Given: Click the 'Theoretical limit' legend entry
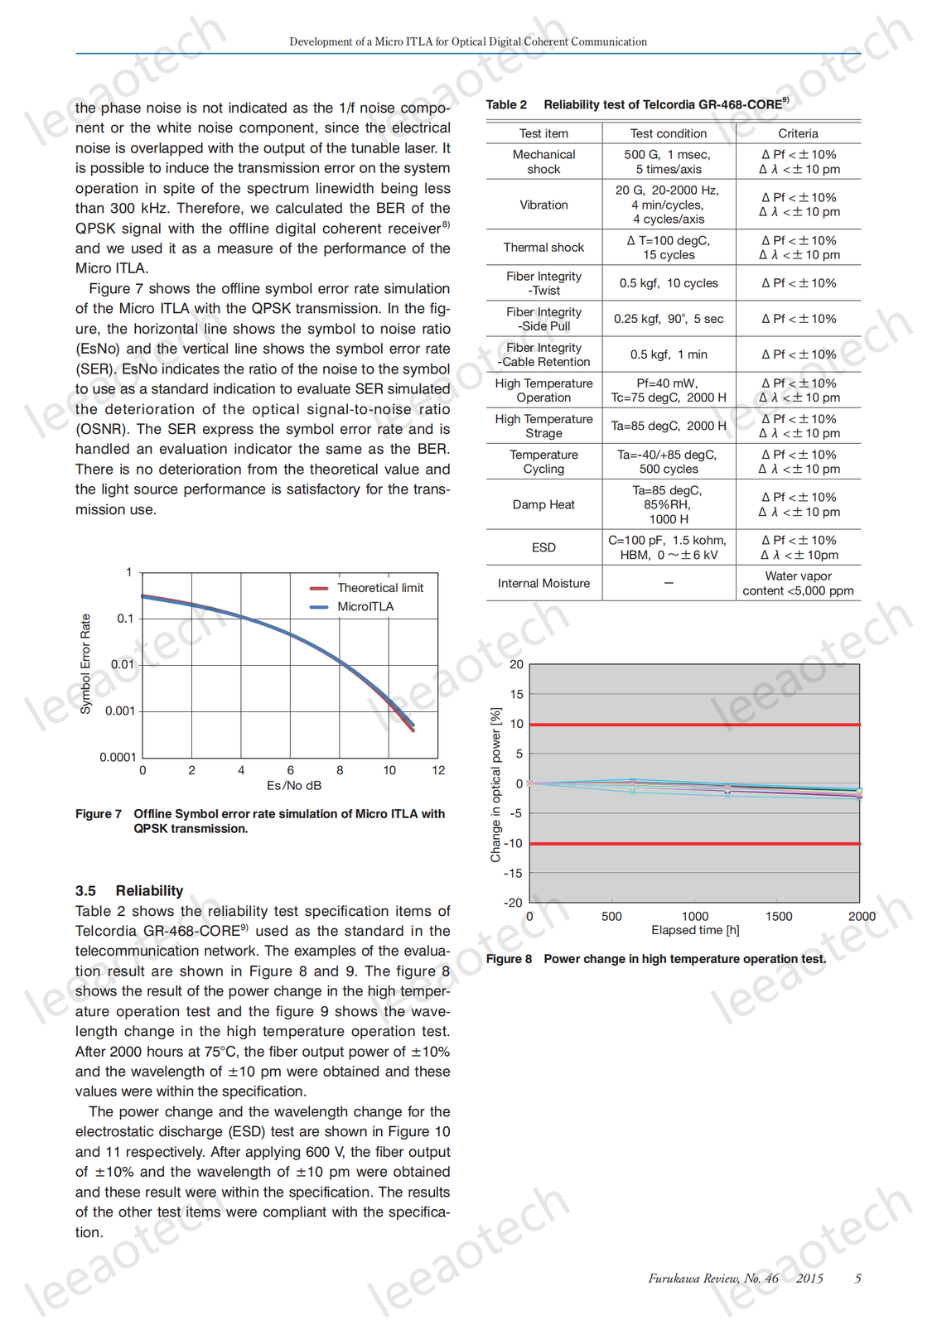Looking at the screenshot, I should click(x=379, y=588).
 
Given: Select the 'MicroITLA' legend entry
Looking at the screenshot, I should click(x=365, y=607).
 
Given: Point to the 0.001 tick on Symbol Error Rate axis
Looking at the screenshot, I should click(x=120, y=711).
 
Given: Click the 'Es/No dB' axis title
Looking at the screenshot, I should click(x=294, y=786).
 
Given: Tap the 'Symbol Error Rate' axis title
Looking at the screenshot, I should click(x=85, y=664).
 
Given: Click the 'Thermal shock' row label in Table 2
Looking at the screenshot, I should click(x=543, y=248).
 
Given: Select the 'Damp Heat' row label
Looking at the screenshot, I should click(x=543, y=505).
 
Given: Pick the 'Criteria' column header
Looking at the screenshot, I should click(x=798, y=133).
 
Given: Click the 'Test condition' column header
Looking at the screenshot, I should click(x=668, y=133).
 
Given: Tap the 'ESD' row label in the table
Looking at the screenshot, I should click(x=543, y=547).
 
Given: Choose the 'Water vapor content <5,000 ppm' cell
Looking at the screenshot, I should click(x=798, y=583).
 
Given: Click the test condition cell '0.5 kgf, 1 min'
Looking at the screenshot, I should click(x=668, y=354).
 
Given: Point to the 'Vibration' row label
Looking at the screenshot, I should click(x=543, y=205).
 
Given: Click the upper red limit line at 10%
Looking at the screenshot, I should click(x=694, y=725).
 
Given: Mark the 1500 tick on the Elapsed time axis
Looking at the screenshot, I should click(x=779, y=916).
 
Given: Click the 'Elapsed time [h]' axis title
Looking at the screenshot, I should click(x=695, y=930).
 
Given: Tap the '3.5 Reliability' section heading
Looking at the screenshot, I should click(x=129, y=891).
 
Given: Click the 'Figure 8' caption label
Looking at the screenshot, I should click(x=509, y=959).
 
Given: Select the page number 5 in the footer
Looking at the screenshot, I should click(x=858, y=1279).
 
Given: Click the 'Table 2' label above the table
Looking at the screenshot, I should click(x=506, y=105).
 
